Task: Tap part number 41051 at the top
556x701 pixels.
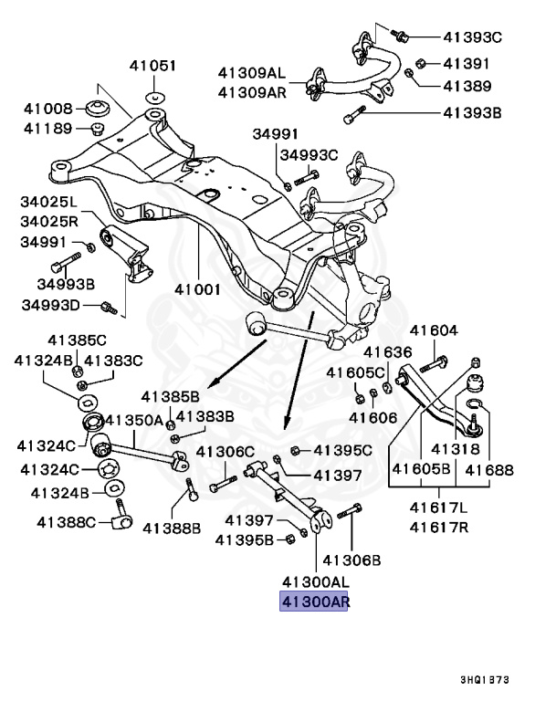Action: pos(152,66)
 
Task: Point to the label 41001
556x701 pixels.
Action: pos(200,289)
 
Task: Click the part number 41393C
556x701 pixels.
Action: pos(473,37)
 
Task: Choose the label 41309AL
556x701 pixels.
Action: pos(251,72)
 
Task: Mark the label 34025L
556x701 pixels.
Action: pos(51,201)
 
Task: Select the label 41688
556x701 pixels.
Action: pos(489,471)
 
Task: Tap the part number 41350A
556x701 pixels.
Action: pos(133,420)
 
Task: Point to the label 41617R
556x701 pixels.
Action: pos(438,527)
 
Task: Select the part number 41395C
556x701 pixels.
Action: pos(342,450)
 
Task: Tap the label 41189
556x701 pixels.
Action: pos(42,129)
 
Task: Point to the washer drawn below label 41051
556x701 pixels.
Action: pos(153,96)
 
